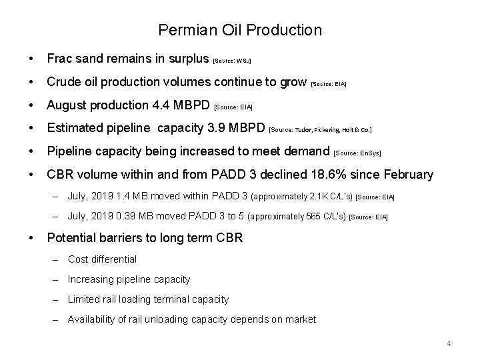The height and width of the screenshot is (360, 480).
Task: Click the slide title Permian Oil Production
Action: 240,30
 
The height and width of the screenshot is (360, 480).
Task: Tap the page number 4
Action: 449,343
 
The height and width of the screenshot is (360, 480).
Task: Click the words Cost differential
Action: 102,259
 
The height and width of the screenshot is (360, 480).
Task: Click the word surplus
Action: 188,58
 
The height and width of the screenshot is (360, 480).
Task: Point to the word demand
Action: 307,151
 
